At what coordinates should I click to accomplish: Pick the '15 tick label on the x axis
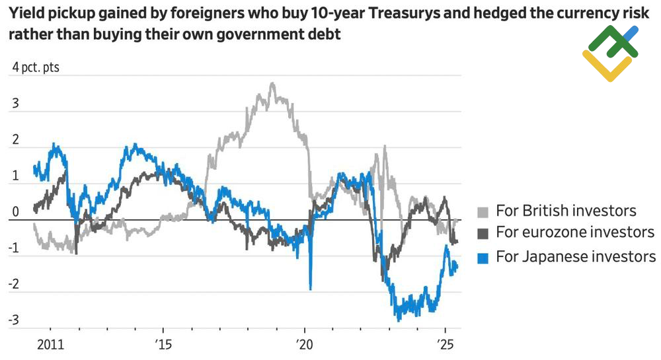click(x=163, y=345)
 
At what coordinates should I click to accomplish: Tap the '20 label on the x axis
click(x=304, y=345)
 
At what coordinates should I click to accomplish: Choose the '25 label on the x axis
click(x=445, y=345)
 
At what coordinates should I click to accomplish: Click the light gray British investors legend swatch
click(x=483, y=211)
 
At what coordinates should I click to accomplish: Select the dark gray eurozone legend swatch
click(x=483, y=233)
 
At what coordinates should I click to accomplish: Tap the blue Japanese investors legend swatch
click(x=483, y=257)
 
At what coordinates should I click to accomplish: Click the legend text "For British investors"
click(x=566, y=211)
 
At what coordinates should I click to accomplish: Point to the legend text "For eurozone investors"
click(x=575, y=233)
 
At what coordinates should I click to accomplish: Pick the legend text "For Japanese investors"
click(x=576, y=257)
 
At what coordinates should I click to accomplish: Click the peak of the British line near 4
click(x=272, y=84)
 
